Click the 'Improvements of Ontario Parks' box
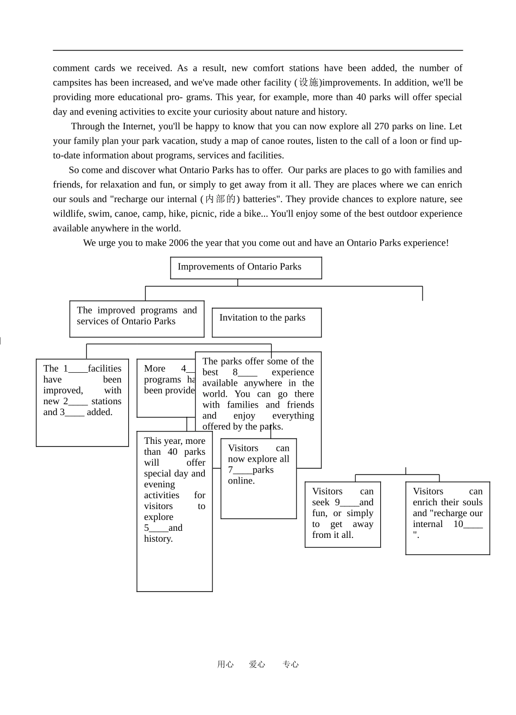[x=246, y=267]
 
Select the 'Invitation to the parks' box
[x=266, y=322]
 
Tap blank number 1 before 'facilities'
[x=78, y=369]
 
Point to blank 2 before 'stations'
[x=78, y=402]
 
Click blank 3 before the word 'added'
[x=74, y=412]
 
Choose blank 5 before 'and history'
[x=158, y=528]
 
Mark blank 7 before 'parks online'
[x=242, y=470]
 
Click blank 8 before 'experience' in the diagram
[x=247, y=373]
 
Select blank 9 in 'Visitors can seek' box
[x=349, y=503]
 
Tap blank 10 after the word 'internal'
[x=473, y=524]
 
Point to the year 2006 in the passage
[x=179, y=243]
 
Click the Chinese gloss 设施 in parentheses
[x=309, y=83]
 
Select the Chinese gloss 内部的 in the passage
[x=219, y=199]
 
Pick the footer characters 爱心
[x=257, y=664]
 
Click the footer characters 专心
[x=291, y=664]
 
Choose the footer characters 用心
[x=225, y=664]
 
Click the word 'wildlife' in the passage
[x=68, y=214]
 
